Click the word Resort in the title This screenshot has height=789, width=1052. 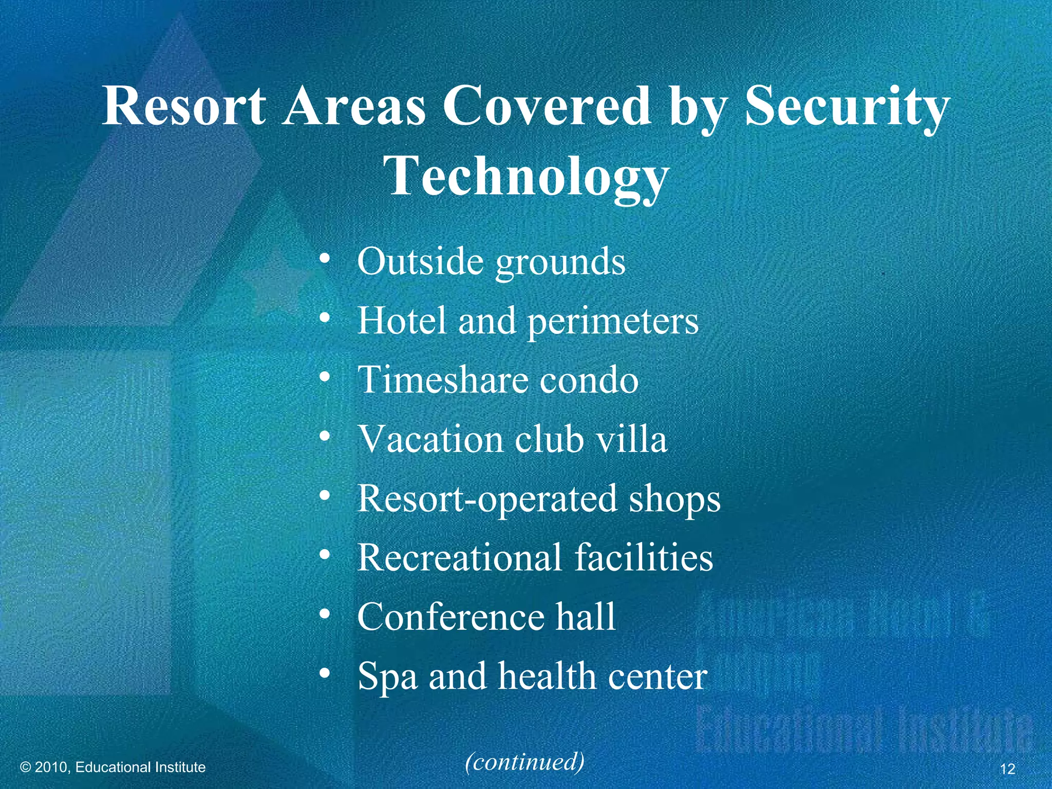point(184,106)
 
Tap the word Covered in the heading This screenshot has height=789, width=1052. point(547,106)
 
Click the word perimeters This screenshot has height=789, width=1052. point(613,321)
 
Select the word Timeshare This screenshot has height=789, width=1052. point(442,380)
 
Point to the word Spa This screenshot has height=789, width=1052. point(387,677)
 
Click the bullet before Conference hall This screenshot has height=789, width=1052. point(324,614)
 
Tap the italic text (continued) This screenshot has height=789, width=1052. point(524,761)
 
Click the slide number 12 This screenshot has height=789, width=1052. point(1007,769)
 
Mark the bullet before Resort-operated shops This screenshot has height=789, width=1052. point(324,496)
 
